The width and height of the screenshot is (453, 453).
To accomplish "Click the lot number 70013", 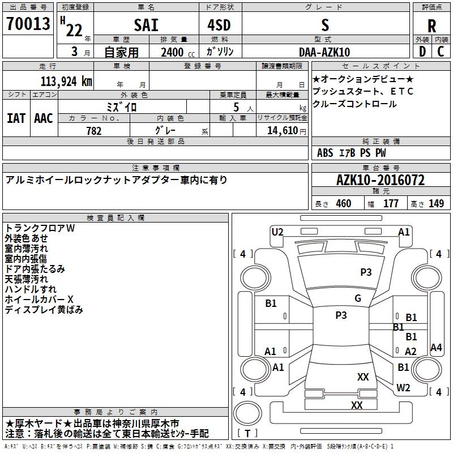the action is click(x=28, y=24).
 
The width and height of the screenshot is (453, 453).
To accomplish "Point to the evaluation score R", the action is click(x=432, y=25).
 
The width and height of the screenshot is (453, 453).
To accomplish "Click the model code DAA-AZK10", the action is click(x=324, y=52).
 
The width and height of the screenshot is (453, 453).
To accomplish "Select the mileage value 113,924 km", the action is click(x=66, y=81).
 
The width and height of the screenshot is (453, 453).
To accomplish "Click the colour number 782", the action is click(x=94, y=131).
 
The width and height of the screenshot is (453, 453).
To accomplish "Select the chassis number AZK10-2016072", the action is click(x=380, y=180).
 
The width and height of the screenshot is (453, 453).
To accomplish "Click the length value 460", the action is click(x=343, y=204).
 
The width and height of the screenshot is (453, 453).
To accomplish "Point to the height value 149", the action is click(x=436, y=204).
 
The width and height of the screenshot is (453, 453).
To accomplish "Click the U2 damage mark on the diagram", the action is click(x=277, y=232).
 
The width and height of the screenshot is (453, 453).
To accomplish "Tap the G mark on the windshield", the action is click(x=357, y=298).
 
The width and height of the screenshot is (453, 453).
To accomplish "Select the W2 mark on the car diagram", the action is click(x=403, y=388).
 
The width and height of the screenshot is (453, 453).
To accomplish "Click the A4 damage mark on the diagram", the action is click(x=436, y=348).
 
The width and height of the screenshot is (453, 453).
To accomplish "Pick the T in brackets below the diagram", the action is click(x=247, y=434).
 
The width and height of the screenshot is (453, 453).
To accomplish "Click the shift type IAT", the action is click(x=16, y=118).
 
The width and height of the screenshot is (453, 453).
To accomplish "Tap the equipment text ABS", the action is click(x=325, y=153).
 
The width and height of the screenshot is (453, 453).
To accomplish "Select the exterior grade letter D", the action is click(x=422, y=52).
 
